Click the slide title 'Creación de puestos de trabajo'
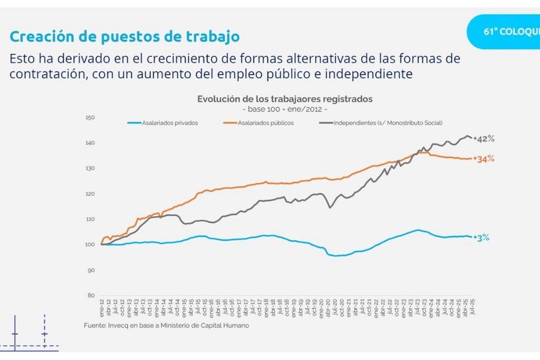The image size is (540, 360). pyautogui.click(x=124, y=37)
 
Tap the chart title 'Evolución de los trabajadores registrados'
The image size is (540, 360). pyautogui.click(x=285, y=99)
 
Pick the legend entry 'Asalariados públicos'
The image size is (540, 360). pyautogui.click(x=266, y=123)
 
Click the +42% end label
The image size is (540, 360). pyautogui.click(x=484, y=138)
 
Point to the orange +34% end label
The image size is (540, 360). pyautogui.click(x=484, y=159)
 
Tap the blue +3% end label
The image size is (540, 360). pyautogui.click(x=482, y=237)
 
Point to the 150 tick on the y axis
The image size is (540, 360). pyautogui.click(x=89, y=117)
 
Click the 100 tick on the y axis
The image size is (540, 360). pyautogui.click(x=89, y=245)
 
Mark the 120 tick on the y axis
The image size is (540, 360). pyautogui.click(x=89, y=194)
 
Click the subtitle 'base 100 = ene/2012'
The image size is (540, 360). pyautogui.click(x=285, y=109)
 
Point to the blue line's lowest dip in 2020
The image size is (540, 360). pyautogui.click(x=336, y=255)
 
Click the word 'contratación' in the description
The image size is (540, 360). pyautogui.click(x=47, y=74)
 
